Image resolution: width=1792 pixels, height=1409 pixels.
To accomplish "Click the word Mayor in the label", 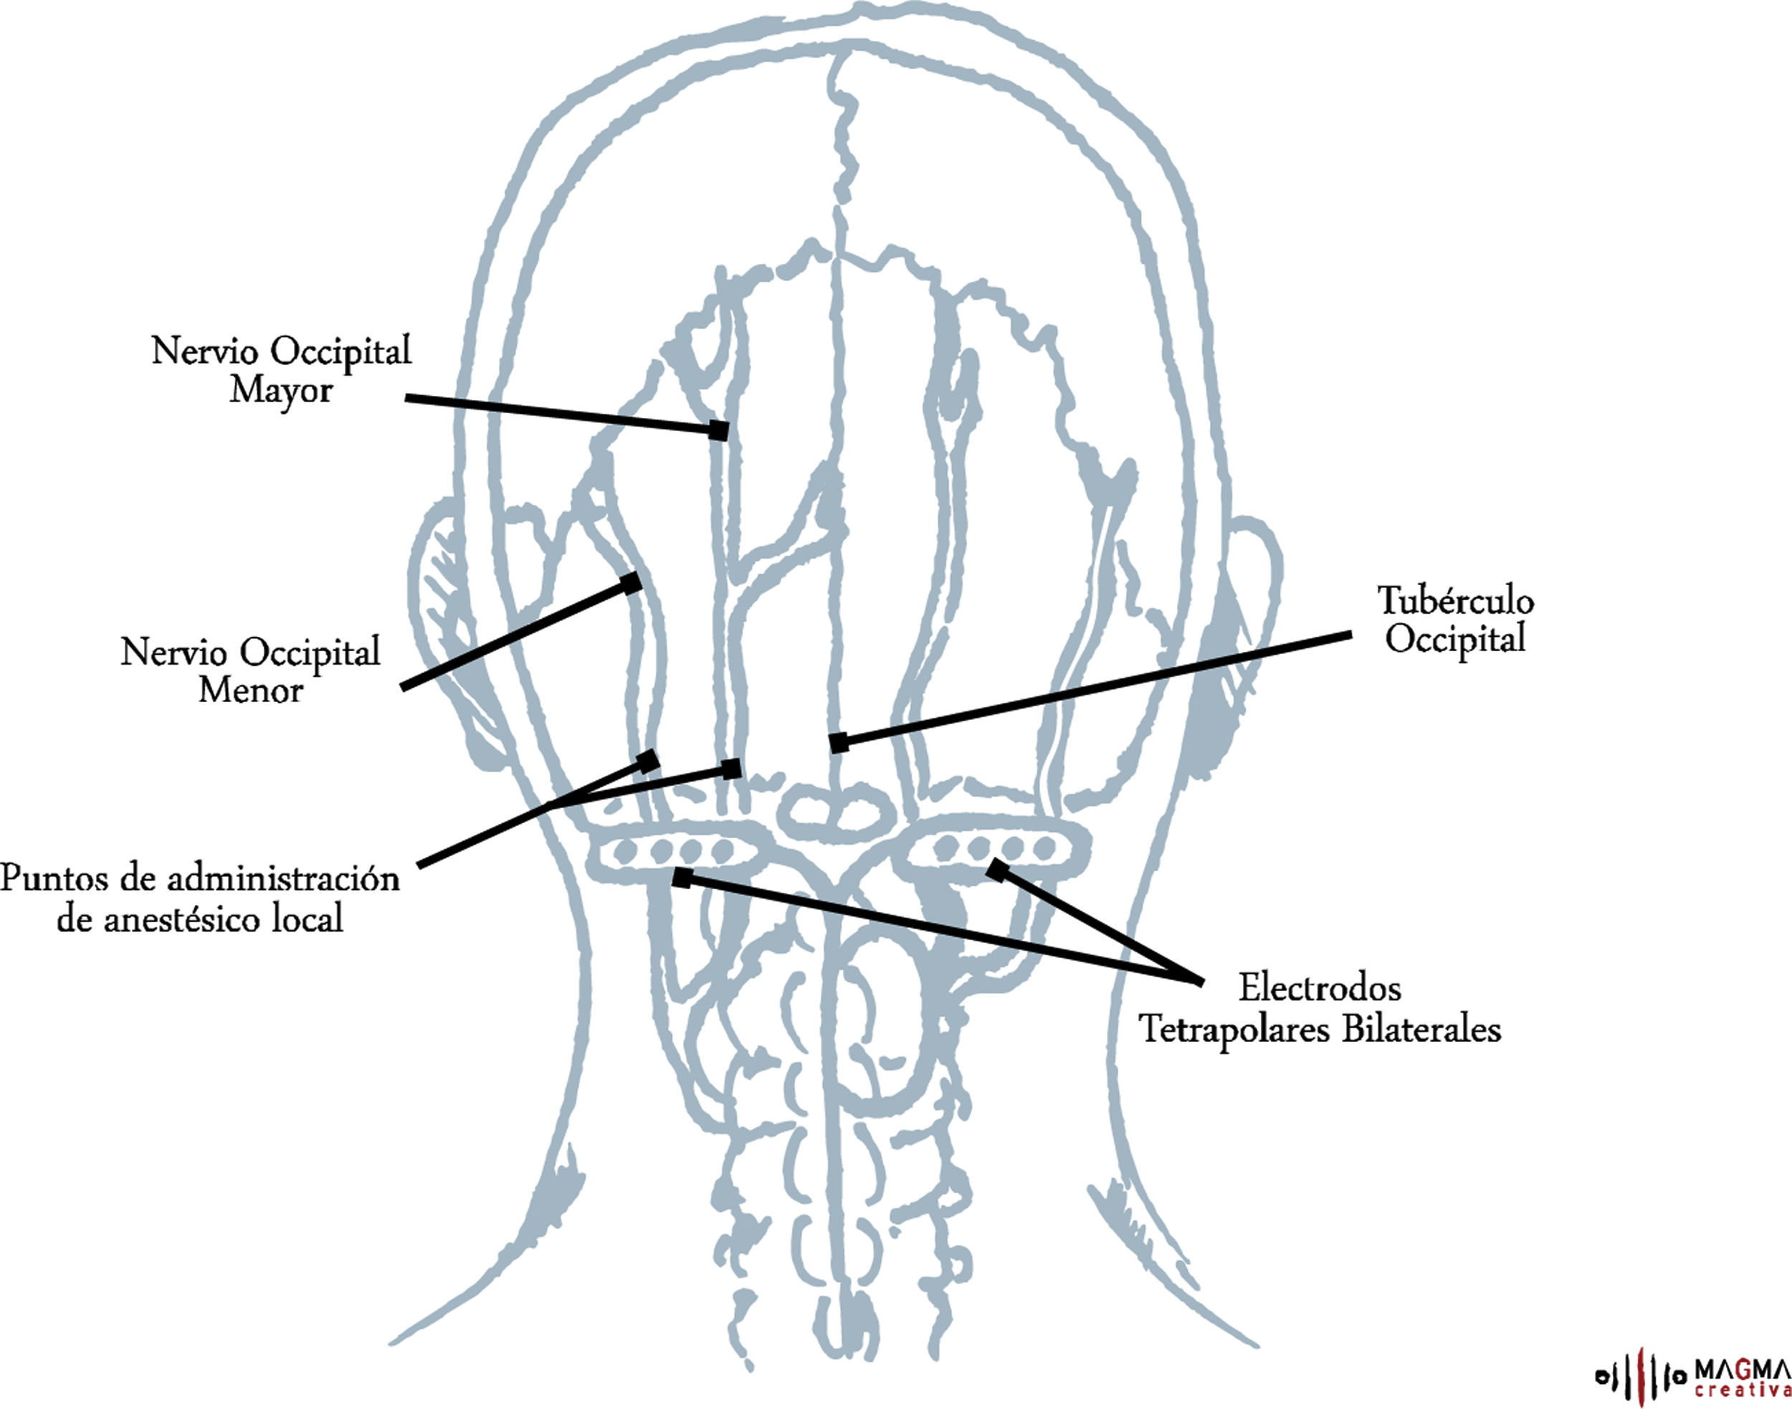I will [x=280, y=390].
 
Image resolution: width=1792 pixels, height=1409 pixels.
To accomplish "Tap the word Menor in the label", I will [x=250, y=690].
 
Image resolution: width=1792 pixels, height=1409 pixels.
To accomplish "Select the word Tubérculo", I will [x=1456, y=601].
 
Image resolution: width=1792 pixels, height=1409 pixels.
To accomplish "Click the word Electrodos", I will [x=1320, y=987].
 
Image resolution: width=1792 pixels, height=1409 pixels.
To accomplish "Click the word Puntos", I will [x=54, y=878].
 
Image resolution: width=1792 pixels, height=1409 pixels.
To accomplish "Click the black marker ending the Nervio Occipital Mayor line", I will [x=719, y=430].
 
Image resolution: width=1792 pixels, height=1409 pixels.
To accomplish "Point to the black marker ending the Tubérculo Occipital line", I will [x=839, y=742].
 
